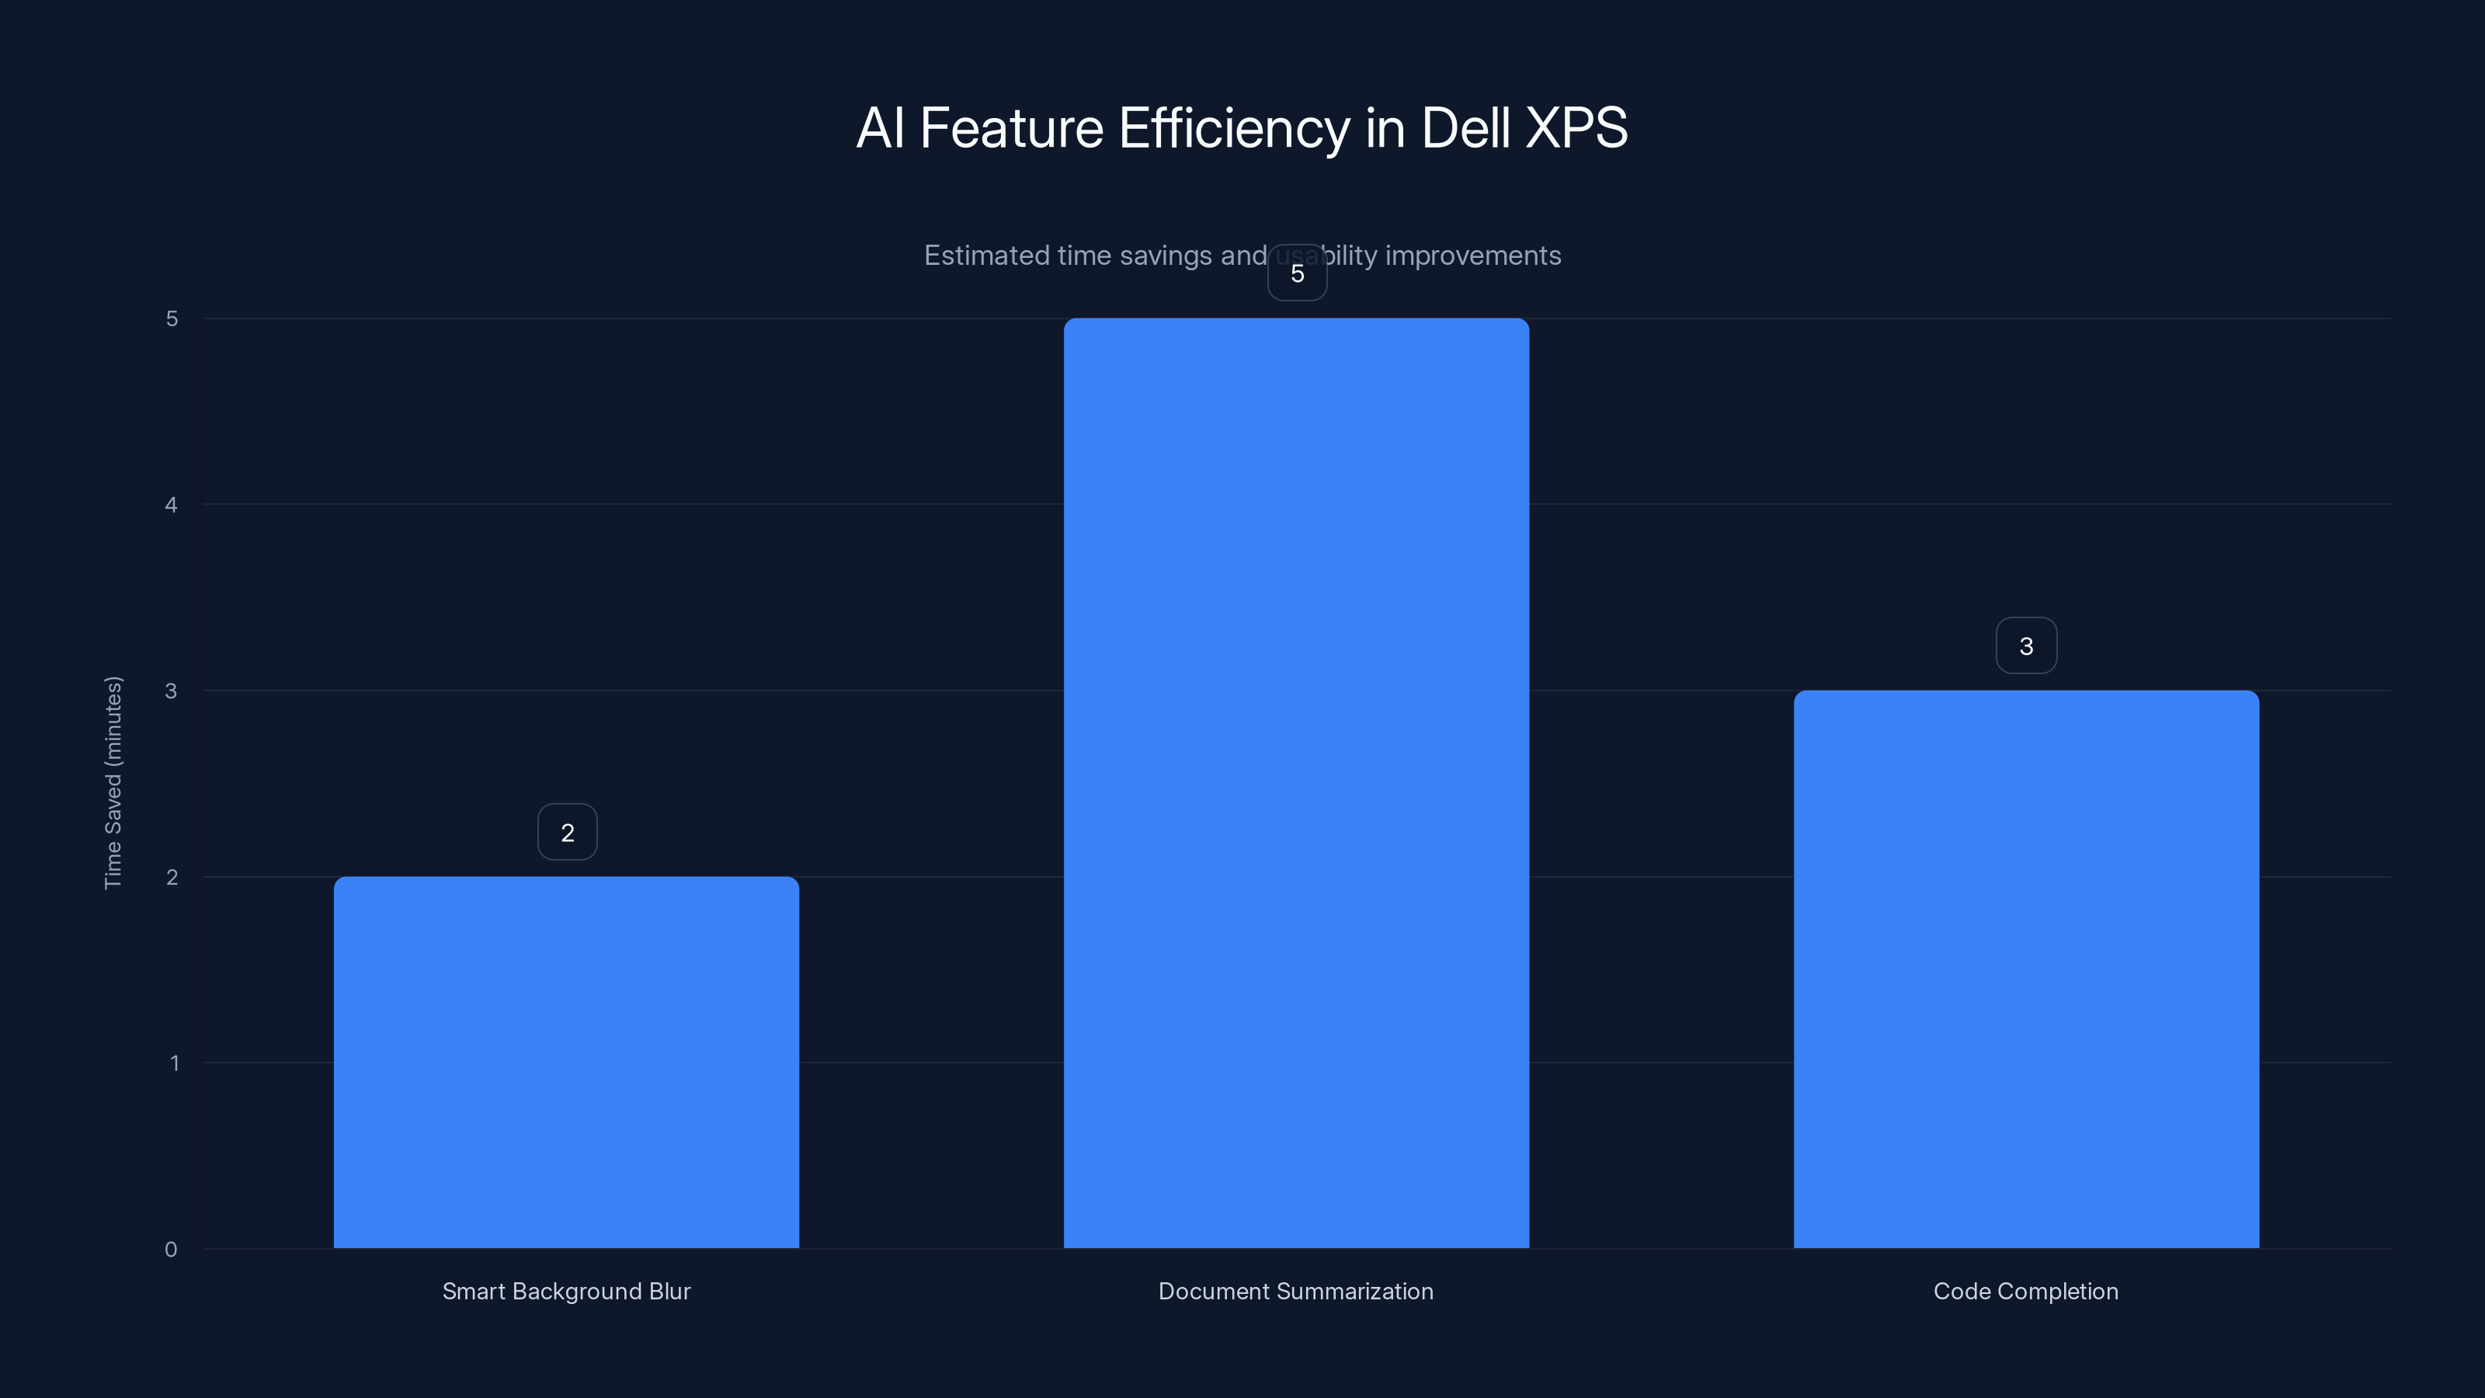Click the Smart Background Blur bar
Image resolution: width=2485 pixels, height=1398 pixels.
click(566, 1061)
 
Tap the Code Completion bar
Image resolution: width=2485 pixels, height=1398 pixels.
click(2026, 969)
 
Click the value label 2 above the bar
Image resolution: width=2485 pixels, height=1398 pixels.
click(567, 833)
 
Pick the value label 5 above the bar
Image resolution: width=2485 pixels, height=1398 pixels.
click(1298, 274)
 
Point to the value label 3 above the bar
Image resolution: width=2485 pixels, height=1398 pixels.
click(2026, 646)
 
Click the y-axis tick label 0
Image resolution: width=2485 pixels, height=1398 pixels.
click(171, 1250)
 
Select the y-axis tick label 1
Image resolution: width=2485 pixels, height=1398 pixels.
click(174, 1063)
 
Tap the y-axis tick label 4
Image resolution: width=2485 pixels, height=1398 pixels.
click(171, 506)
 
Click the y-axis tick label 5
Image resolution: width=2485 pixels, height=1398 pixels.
click(172, 319)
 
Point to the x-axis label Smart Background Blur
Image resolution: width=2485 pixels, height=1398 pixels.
click(566, 1292)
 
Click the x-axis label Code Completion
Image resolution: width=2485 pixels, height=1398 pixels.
click(2026, 1292)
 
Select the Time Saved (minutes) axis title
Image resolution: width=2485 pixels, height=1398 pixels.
click(114, 782)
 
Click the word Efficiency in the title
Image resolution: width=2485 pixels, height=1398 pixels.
click(1234, 128)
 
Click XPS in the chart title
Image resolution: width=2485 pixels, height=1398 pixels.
click(1576, 128)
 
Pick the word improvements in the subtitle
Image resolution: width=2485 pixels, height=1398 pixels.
click(1473, 256)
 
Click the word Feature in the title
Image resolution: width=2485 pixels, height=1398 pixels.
click(1011, 128)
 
